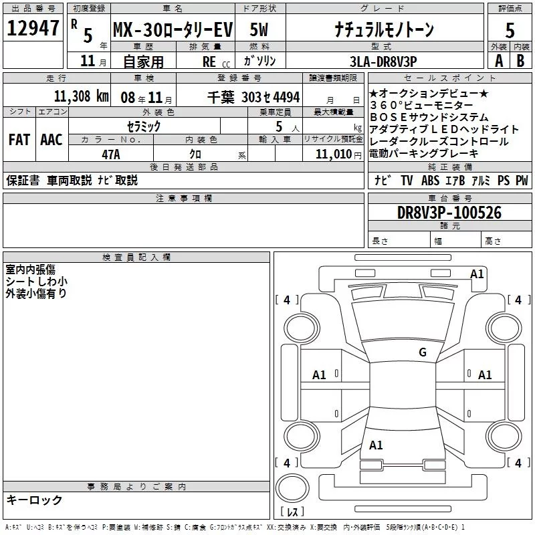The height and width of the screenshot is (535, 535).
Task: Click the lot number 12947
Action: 33,29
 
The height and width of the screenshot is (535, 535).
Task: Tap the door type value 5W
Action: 260,29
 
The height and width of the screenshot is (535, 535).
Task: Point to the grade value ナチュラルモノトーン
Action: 384,29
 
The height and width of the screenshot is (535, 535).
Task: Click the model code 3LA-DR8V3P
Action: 383,61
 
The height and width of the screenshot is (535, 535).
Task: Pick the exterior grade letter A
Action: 498,61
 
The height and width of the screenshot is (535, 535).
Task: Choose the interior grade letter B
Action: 520,61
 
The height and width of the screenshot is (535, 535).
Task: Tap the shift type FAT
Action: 19,140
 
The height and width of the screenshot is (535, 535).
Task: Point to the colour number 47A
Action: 110,153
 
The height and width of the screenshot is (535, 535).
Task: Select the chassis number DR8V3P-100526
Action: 449,213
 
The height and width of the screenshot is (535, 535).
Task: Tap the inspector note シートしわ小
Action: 36,282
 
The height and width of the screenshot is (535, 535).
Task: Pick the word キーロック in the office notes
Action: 34,500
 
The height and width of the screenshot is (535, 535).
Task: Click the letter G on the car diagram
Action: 422,352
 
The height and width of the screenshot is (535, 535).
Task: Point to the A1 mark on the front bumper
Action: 477,274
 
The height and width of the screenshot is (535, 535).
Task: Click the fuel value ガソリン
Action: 260,61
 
